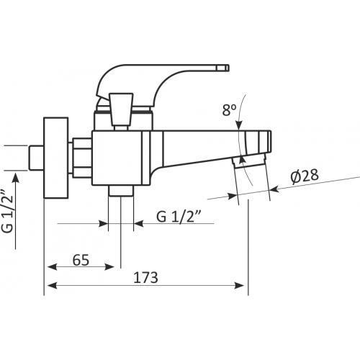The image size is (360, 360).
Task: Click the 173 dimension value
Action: (145, 278)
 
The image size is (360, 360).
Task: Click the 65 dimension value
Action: (81, 260)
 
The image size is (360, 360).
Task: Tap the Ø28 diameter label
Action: (305, 176)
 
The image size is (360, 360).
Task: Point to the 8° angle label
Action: (229, 110)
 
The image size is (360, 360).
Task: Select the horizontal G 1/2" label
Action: (179, 217)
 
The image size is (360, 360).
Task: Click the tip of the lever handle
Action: (228, 68)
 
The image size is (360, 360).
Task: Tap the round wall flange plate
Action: (56, 158)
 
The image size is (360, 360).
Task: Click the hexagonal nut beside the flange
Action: (82, 158)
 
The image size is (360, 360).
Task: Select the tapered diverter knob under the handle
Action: (121, 109)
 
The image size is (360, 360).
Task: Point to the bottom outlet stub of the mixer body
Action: (121, 191)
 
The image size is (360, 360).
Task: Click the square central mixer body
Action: (117, 158)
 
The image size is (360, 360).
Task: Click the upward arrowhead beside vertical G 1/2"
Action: (16, 179)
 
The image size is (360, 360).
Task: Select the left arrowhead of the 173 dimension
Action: (53, 286)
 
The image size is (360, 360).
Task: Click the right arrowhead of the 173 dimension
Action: (239, 286)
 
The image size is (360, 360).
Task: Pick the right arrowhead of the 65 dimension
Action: (109, 267)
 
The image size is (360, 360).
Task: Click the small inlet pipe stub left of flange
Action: (37, 158)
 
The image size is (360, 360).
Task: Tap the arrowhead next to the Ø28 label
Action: (275, 189)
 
